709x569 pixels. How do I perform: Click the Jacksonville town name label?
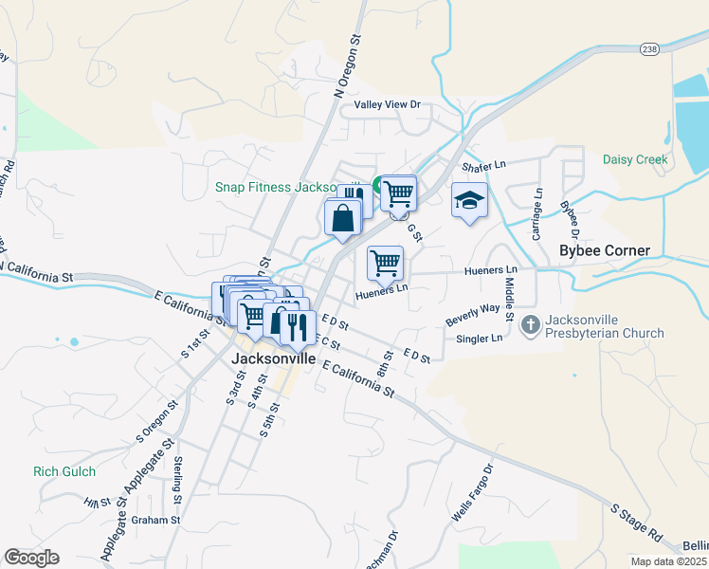(x=274, y=360)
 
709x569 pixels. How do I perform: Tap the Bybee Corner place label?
(x=605, y=251)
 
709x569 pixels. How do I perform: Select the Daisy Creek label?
(x=635, y=159)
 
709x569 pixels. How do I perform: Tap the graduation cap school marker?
(x=469, y=200)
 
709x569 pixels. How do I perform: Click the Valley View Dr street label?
(x=387, y=104)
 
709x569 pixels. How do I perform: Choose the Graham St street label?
(x=156, y=520)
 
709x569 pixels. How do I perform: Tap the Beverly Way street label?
(x=472, y=315)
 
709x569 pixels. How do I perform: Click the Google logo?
(x=31, y=558)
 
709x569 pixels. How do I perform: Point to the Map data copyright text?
(x=669, y=561)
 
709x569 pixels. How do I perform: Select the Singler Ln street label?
(x=480, y=339)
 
